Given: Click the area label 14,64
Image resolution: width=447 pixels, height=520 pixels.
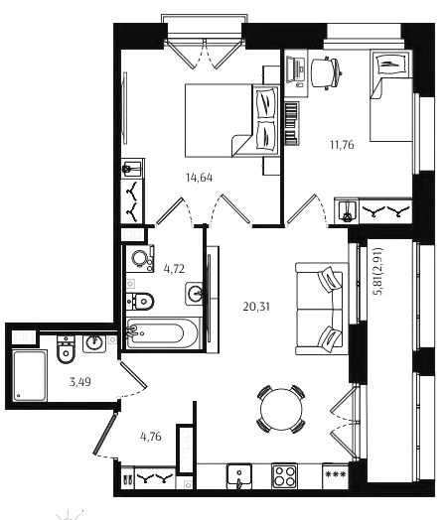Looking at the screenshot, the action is click(x=199, y=178).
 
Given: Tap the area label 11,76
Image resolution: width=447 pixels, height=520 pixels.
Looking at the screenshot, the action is click(x=342, y=145).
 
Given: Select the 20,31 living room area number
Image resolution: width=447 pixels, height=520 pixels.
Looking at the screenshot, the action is click(x=256, y=307).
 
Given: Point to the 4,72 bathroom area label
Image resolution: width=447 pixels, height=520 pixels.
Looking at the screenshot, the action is click(x=174, y=268).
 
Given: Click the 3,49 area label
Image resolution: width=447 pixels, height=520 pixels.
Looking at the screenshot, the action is click(x=80, y=382).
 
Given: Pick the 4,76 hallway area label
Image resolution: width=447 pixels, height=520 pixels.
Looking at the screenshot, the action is click(x=151, y=437).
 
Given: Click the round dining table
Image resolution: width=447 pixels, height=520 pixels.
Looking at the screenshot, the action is click(x=281, y=409).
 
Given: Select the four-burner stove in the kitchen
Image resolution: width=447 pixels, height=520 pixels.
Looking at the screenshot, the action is click(x=284, y=476).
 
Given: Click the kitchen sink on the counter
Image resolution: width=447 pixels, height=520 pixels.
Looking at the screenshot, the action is click(x=239, y=476).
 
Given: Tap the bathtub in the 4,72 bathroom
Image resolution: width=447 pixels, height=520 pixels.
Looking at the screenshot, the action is click(x=163, y=333).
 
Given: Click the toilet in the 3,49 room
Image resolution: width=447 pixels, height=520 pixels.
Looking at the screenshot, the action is click(x=66, y=349).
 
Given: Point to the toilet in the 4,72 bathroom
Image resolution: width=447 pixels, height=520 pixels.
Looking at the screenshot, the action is click(x=140, y=301).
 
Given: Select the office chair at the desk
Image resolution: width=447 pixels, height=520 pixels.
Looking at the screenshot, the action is click(x=326, y=72).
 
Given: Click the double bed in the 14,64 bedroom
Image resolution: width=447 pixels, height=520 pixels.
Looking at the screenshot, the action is click(x=232, y=120).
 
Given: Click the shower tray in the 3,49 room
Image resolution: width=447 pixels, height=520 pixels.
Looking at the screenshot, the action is click(x=30, y=375).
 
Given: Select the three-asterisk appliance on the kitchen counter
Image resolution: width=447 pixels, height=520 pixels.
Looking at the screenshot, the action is click(x=335, y=476).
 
